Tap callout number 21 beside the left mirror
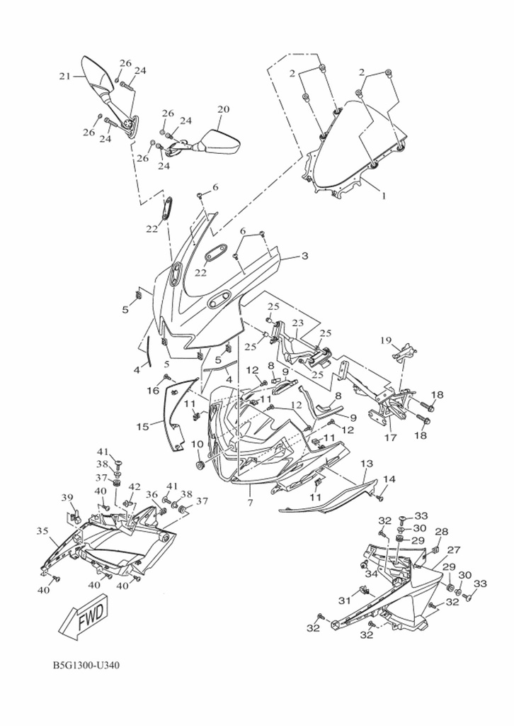click(64, 76)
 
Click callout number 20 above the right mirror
click(223, 109)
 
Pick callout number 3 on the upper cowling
click(304, 255)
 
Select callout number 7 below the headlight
click(249, 503)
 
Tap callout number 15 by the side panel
click(143, 427)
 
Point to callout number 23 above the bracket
click(298, 323)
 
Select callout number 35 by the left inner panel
click(42, 530)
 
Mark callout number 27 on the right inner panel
click(453, 549)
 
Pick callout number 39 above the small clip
click(67, 496)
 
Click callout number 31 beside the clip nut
click(344, 601)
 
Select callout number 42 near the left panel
click(134, 487)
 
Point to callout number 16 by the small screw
click(153, 390)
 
